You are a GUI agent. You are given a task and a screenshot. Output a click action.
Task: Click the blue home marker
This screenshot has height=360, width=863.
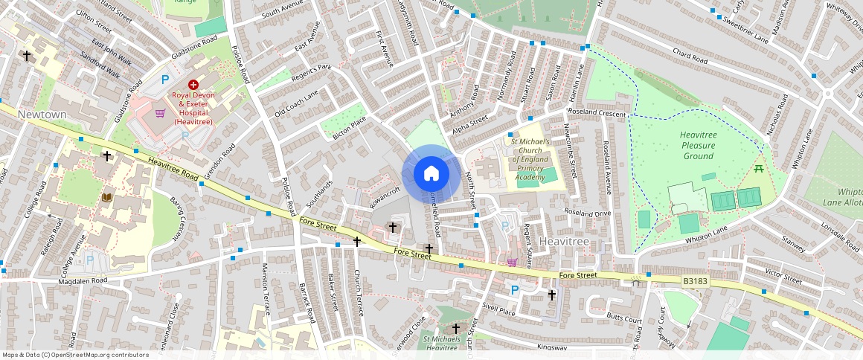pyautogui.click(x=431, y=174)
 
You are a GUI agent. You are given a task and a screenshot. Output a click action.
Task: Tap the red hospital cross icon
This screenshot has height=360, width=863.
pyautogui.click(x=193, y=86)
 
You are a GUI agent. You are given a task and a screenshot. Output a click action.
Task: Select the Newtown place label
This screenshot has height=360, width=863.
pyautogui.click(x=42, y=115)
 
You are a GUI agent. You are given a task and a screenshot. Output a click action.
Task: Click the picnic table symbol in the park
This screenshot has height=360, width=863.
pyautogui.click(x=760, y=170)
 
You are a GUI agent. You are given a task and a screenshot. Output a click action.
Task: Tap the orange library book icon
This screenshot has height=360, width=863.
pyautogui.click(x=108, y=197)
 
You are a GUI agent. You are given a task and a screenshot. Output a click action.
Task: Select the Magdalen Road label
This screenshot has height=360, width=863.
pyautogui.click(x=83, y=280)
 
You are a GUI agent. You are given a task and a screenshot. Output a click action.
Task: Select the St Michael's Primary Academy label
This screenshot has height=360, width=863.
pyautogui.click(x=529, y=159)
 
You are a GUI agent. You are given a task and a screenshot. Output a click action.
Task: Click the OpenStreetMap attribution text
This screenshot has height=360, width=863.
pyautogui.click(x=76, y=355)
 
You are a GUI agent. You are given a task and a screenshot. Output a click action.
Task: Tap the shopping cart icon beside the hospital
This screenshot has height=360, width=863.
pyautogui.click(x=160, y=113)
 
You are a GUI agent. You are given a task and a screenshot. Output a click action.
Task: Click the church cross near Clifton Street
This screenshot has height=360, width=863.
pyautogui.click(x=27, y=56)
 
